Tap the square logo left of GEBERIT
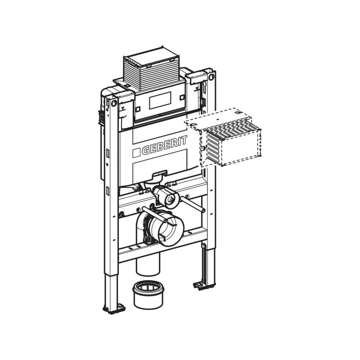(x=136, y=153)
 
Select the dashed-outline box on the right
(x=224, y=137)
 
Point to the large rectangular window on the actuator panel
(x=160, y=100)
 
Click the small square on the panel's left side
(x=138, y=109)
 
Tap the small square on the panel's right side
(x=182, y=97)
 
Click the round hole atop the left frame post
(x=114, y=103)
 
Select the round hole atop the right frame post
(x=211, y=76)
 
